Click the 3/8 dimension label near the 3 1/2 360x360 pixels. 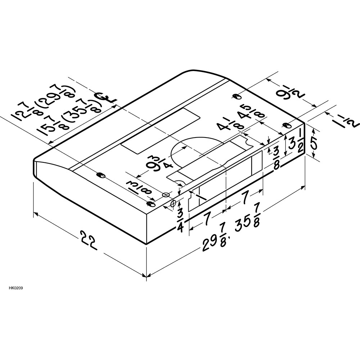click(277, 158)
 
